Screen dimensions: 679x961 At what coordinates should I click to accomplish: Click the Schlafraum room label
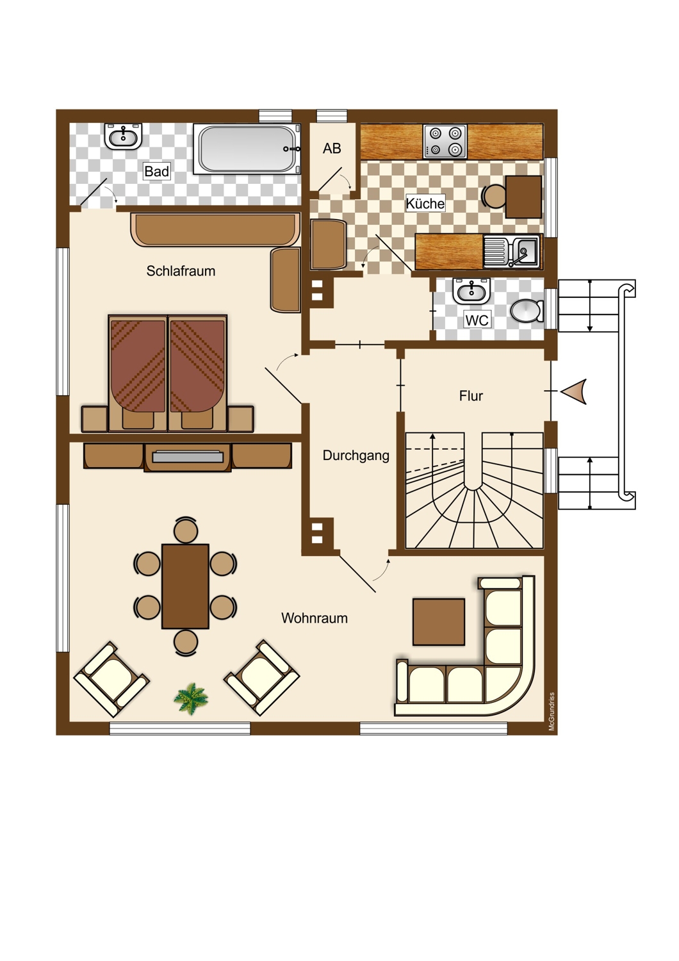181,271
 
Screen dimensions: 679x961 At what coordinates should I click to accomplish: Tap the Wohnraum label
314,618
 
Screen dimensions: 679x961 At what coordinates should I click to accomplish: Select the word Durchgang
356,456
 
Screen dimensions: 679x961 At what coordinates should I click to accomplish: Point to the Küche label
425,203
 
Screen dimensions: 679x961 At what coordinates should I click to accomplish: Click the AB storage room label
332,149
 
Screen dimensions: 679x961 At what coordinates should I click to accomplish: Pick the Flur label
471,396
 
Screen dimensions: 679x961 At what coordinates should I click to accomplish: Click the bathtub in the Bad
247,149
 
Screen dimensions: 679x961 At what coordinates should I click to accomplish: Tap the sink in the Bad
123,136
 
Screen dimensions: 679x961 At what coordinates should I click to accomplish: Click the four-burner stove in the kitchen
445,141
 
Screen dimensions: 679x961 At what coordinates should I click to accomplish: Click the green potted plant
191,699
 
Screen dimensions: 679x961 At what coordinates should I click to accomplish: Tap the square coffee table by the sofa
438,621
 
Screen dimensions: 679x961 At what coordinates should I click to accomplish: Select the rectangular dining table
185,586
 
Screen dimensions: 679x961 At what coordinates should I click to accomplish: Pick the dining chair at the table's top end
186,529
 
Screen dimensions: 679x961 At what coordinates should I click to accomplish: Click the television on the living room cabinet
188,456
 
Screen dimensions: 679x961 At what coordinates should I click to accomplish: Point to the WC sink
471,292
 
